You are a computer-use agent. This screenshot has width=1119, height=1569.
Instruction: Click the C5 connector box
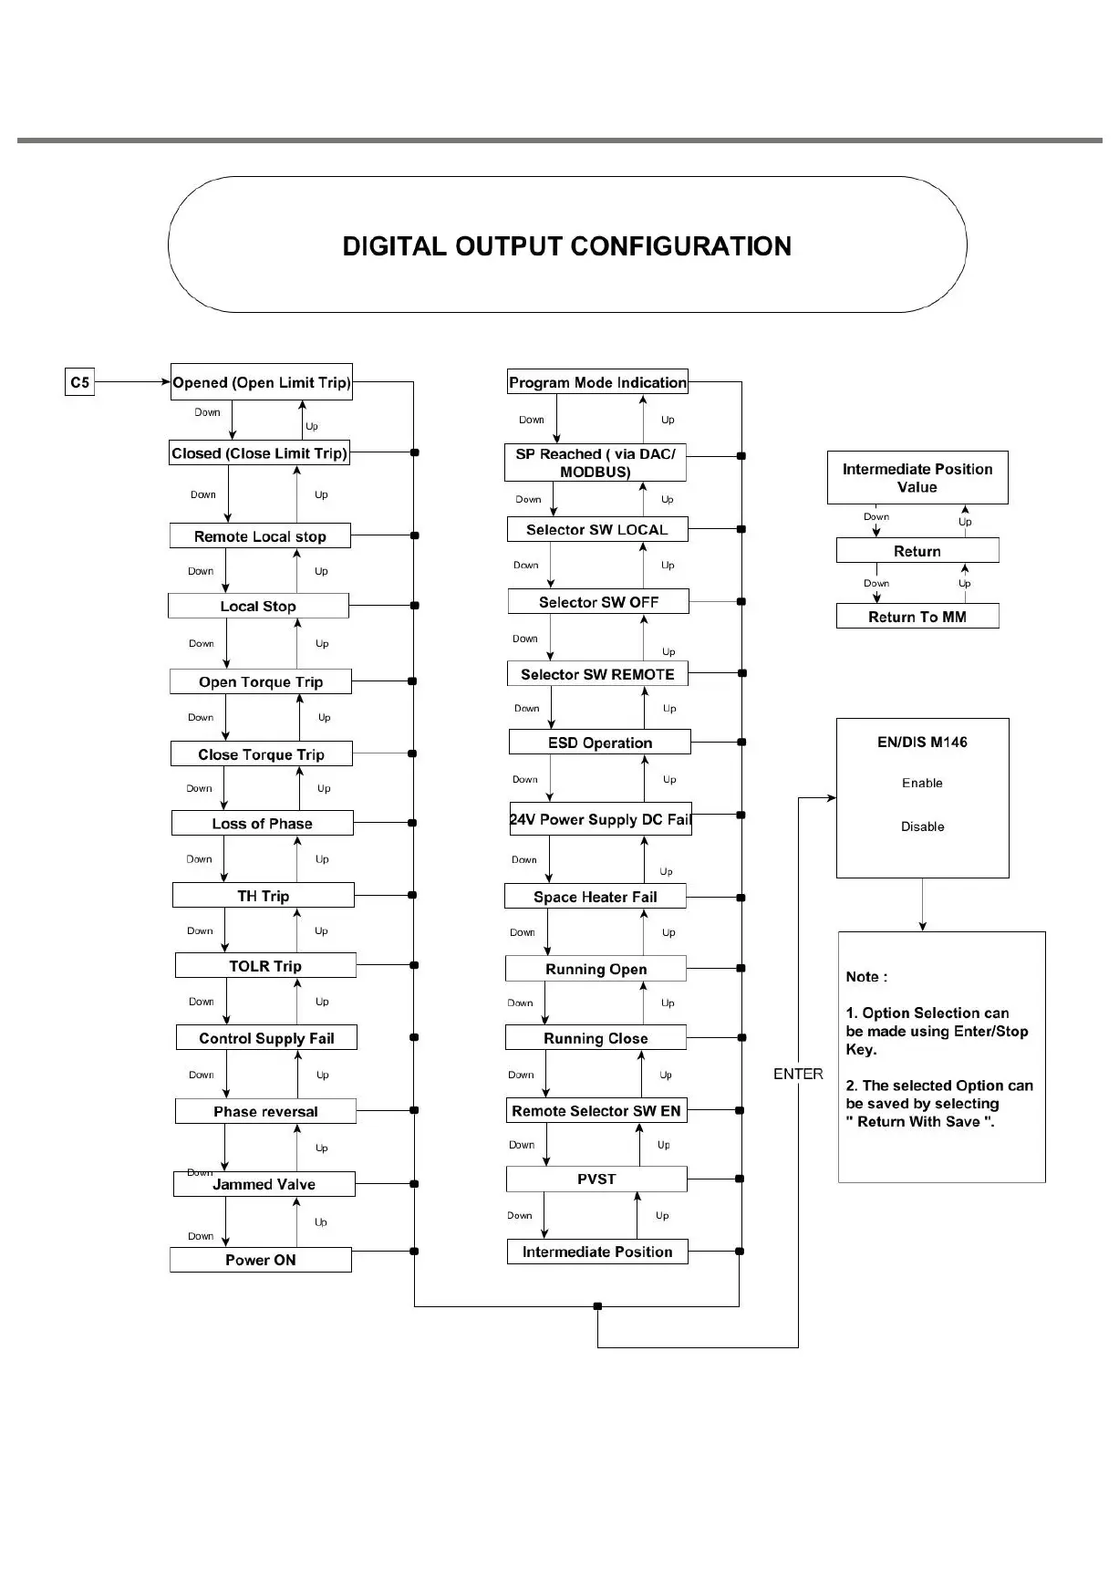[x=80, y=382]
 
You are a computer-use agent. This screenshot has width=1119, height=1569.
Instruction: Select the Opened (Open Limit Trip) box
[x=261, y=382]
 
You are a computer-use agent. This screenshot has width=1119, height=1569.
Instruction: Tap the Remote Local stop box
[x=260, y=536]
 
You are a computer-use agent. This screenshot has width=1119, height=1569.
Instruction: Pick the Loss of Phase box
[x=262, y=824]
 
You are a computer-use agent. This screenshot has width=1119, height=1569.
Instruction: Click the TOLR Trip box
[x=264, y=966]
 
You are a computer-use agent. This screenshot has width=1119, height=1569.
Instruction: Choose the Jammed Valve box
[x=264, y=1184]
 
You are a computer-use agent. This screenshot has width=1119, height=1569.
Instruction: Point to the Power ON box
[x=260, y=1260]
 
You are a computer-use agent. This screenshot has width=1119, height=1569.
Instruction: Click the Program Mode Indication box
[x=597, y=382]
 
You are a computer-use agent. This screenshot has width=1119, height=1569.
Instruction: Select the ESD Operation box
[x=599, y=743]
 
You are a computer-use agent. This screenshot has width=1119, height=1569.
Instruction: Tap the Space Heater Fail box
[x=595, y=897]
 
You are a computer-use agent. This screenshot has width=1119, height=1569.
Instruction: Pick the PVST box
[x=596, y=1179]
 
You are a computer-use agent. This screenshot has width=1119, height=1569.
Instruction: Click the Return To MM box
[x=917, y=617]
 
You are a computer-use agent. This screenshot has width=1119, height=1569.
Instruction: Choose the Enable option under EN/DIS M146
[x=922, y=783]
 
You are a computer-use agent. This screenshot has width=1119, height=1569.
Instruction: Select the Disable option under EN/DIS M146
[x=922, y=826]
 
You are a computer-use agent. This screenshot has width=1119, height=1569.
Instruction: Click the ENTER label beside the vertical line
[x=798, y=1074]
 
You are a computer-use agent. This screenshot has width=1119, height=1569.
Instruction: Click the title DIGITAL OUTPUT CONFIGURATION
[x=566, y=246]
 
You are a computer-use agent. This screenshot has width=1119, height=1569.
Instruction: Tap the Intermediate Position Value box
[x=917, y=478]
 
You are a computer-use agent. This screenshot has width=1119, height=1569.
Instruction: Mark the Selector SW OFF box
[x=598, y=602]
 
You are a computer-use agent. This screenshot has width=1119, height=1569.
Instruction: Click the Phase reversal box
[x=265, y=1111]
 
